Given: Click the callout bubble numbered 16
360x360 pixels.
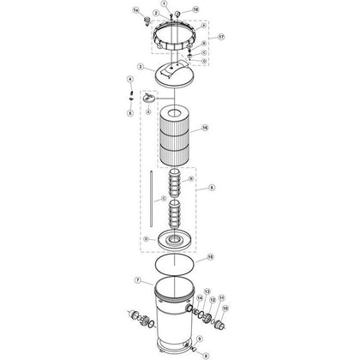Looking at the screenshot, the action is click(x=205, y=129).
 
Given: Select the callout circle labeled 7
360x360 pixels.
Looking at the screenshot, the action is click(x=137, y=280).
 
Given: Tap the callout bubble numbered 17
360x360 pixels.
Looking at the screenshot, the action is click(x=221, y=39).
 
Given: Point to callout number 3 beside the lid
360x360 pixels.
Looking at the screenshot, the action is click(x=140, y=65).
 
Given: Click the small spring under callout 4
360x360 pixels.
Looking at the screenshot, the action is click(x=129, y=95).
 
